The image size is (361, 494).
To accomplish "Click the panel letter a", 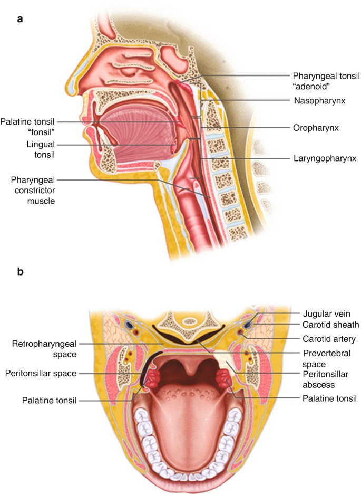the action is [x=20, y=19].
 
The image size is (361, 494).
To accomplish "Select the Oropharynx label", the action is [x=315, y=128].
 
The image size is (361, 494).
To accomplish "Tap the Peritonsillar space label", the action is [x=41, y=374].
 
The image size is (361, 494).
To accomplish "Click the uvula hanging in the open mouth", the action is [x=185, y=379].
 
